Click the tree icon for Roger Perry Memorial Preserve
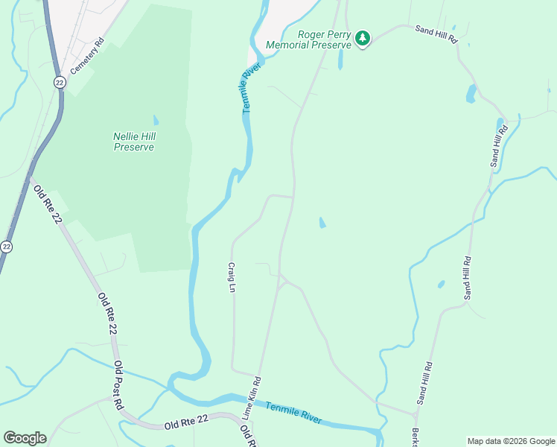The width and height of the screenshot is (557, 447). pos(363,38)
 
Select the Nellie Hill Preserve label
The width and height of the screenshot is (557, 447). pos(134,142)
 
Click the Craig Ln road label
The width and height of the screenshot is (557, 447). pos(232,277)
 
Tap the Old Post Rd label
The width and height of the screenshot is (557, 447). pos(118,386)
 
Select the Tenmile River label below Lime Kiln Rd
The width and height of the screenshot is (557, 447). pos(293,410)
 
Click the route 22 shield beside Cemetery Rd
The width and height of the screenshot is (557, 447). pos(59,83)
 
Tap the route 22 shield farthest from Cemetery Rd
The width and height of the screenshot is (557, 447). pos(6,247)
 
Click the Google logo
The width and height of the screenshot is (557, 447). pos(25,438)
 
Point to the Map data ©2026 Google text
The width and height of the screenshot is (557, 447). pos(511,441)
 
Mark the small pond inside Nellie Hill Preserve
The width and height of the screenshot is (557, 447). pos(156,120)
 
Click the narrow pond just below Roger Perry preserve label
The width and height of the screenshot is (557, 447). pos(340,60)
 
